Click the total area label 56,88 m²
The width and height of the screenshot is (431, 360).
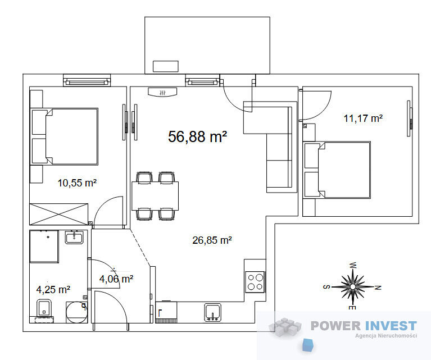pyautogui.click(x=197, y=136)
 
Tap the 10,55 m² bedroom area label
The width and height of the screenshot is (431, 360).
pyautogui.click(x=77, y=183)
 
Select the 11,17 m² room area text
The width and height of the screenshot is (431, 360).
pyautogui.click(x=363, y=118)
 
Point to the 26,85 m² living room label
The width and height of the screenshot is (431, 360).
pyautogui.click(x=212, y=240)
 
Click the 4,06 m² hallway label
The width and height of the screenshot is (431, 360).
pyautogui.click(x=116, y=279)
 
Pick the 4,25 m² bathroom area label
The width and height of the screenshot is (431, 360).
pyautogui.click(x=53, y=289)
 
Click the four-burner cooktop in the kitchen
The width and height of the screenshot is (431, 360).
pyautogui.click(x=255, y=282)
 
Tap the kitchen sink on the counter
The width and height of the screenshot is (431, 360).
pyautogui.click(x=213, y=312)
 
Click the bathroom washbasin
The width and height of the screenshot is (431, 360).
pyautogui.click(x=74, y=238)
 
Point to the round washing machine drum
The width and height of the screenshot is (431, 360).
pyautogui.click(x=76, y=312)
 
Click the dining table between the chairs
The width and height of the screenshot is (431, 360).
pyautogui.click(x=155, y=196)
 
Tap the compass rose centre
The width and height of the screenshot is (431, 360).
pyautogui.click(x=353, y=287)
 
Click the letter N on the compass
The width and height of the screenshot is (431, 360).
pyautogui.click(x=378, y=288)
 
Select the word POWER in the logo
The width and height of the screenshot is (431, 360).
pyautogui.click(x=335, y=326)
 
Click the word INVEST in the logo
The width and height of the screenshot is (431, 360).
pyautogui.click(x=392, y=326)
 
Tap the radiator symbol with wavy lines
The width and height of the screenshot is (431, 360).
pyautogui.click(x=162, y=92)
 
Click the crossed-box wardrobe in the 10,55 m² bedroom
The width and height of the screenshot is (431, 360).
pyautogui.click(x=59, y=215)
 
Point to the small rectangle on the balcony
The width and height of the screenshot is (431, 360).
pyautogui.click(x=165, y=66)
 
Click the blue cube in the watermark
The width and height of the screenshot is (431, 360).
pyautogui.click(x=308, y=345)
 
